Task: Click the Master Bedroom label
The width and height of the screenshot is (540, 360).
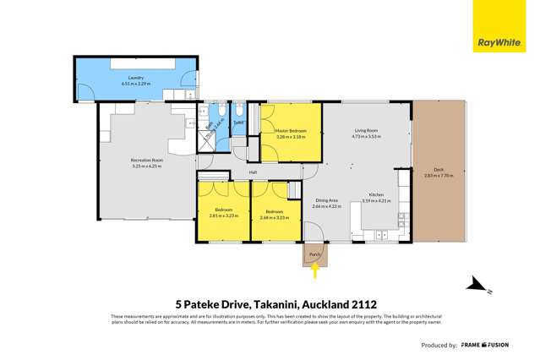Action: pyautogui.click(x=291, y=131)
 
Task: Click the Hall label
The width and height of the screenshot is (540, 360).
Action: pyautogui.click(x=253, y=173)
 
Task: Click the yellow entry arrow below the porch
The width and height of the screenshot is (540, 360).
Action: pyautogui.click(x=315, y=271)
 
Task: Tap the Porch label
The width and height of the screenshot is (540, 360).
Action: pyautogui.click(x=315, y=254)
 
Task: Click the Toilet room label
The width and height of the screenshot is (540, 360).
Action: pyautogui.click(x=239, y=122)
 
